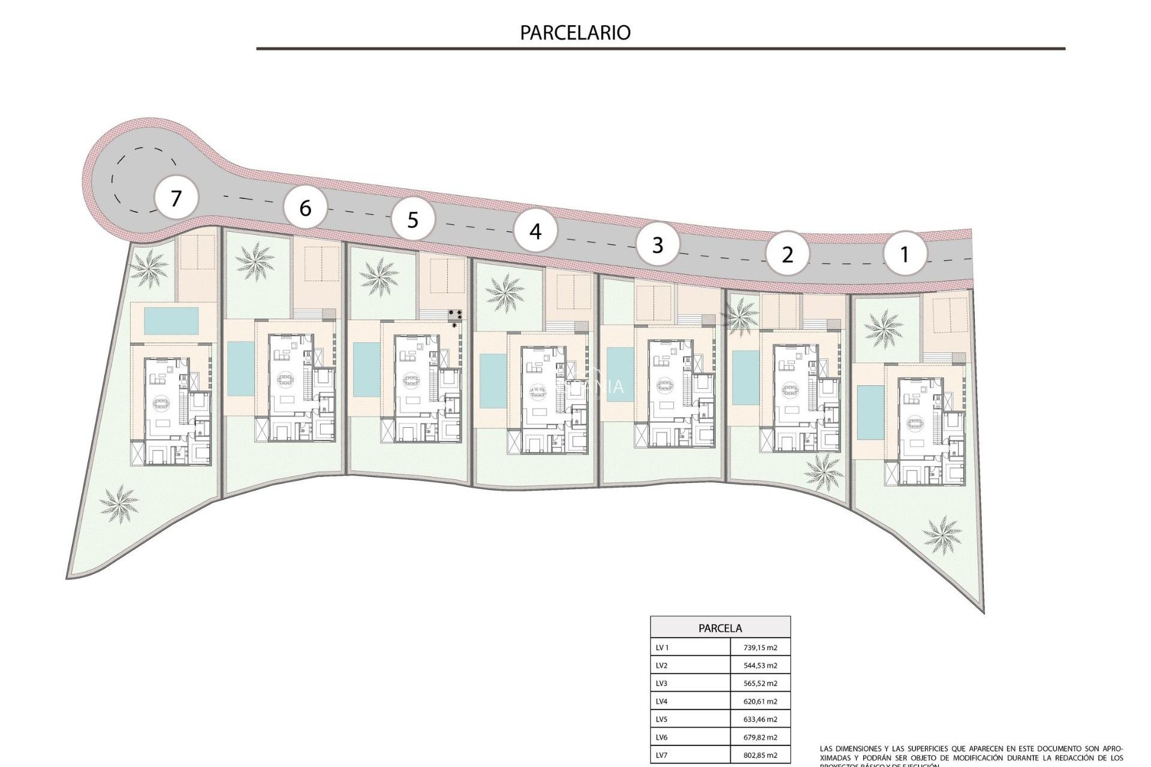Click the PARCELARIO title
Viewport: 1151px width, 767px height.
pos(575,32)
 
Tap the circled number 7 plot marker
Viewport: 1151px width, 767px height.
pos(176,198)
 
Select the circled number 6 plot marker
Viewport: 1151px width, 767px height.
pos(306,209)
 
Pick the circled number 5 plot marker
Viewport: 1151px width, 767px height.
pos(413,220)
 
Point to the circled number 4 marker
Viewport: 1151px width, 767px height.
pos(536,231)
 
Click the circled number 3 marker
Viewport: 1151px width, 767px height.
pos(658,244)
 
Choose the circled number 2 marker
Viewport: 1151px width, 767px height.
pos(788,255)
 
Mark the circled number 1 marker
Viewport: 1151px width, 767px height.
pos(905,254)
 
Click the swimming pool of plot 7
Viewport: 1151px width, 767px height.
pos(171,321)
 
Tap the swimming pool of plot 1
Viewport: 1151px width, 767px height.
pos(866,412)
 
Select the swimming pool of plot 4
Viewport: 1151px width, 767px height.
pos(493,381)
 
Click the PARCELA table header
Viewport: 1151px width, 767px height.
pos(720,628)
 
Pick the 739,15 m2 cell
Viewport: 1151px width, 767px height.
pos(760,648)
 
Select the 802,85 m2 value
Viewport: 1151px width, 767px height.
pos(760,755)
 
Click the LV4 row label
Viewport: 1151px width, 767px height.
pos(662,701)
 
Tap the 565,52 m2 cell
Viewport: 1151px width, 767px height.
pos(760,683)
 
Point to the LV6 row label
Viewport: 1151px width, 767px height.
pos(662,737)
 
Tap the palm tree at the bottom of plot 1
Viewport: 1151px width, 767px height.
pos(942,535)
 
